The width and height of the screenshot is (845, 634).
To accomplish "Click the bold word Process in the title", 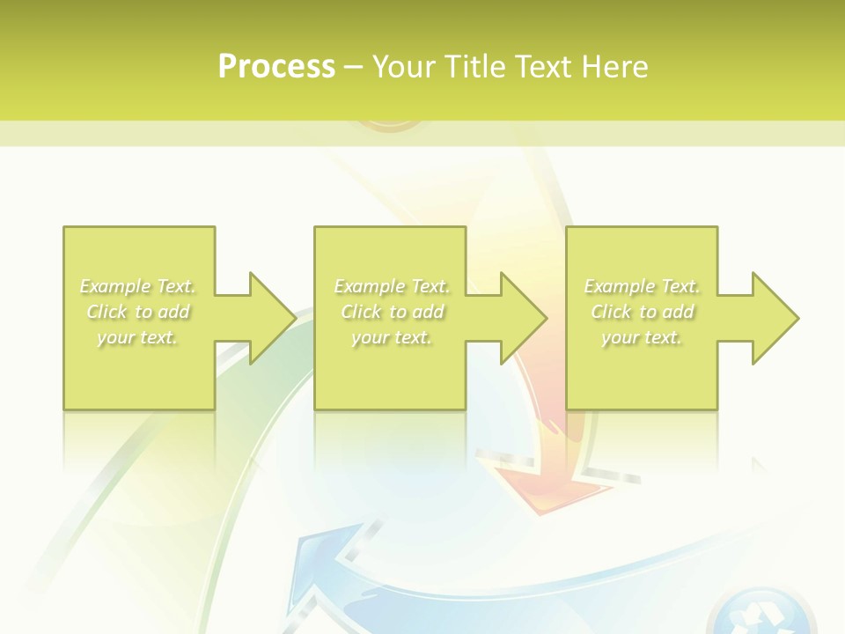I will tap(276, 67).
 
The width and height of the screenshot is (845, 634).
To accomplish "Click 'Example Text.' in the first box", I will tap(138, 286).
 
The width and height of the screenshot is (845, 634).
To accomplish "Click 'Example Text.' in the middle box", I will tap(392, 286).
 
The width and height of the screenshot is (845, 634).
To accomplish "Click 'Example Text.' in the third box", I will tap(642, 286).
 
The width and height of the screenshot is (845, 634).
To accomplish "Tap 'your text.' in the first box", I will tap(137, 337).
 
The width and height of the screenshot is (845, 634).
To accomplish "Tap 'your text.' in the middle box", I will tap(392, 337).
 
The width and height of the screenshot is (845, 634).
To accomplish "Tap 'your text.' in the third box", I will tap(642, 337).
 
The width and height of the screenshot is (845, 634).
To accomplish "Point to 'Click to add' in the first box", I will tap(138, 312).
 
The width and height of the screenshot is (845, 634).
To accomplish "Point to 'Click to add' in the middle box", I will tap(392, 312).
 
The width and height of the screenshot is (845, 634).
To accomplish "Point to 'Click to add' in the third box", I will tap(642, 312).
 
